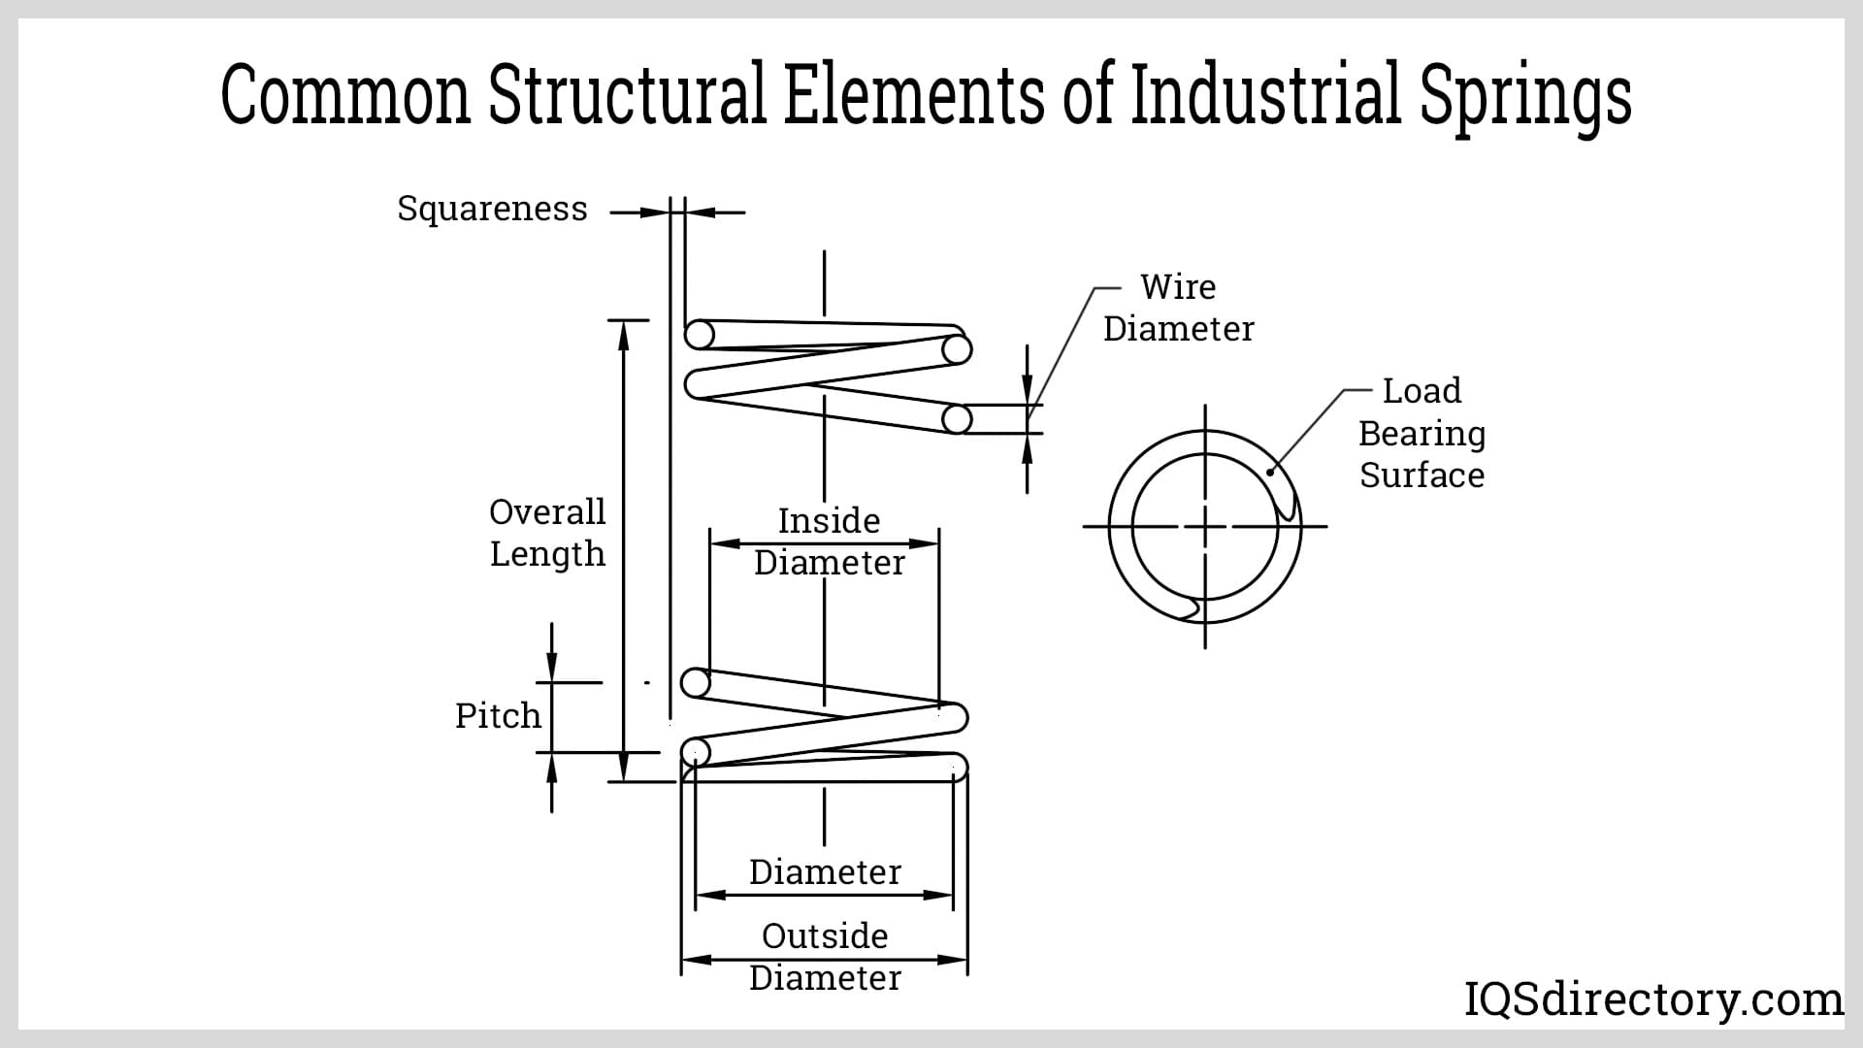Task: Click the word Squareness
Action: tap(492, 209)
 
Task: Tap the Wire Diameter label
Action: tap(1178, 308)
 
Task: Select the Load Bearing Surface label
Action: tap(1422, 433)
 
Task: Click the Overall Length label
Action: tap(547, 533)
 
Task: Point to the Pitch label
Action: tap(498, 716)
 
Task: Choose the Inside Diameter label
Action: tap(829, 541)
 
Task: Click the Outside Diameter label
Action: tap(825, 957)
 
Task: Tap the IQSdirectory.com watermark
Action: tap(1652, 999)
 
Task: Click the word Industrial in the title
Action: tap(1266, 94)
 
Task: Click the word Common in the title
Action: tap(345, 94)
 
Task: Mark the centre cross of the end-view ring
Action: tap(1205, 527)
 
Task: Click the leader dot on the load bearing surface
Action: tap(1270, 473)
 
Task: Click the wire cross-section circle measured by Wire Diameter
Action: tap(957, 419)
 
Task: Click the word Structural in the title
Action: tap(627, 94)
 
